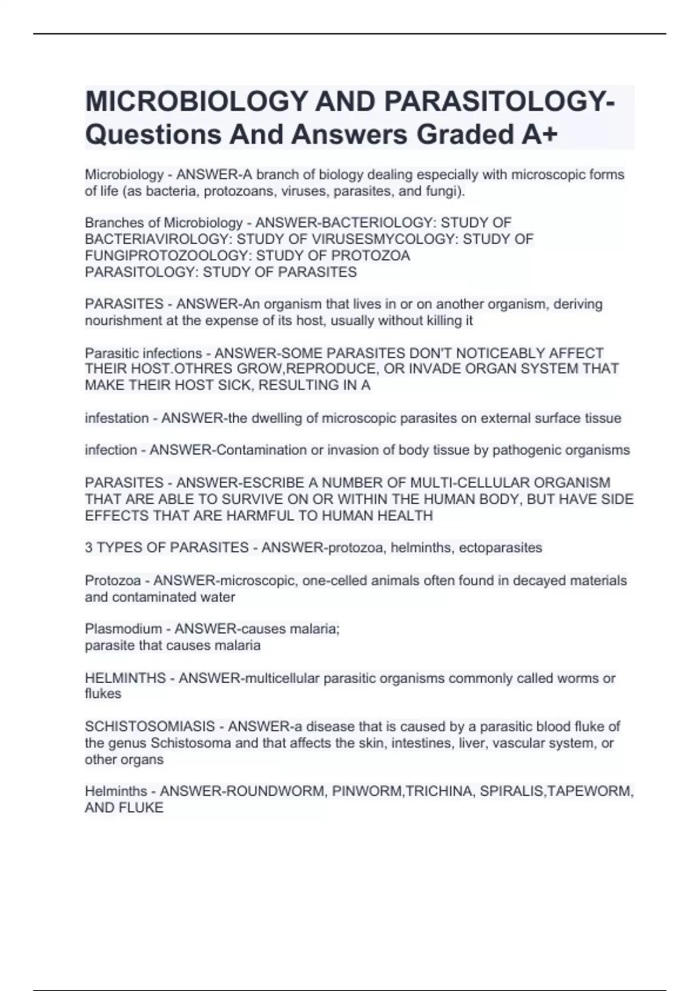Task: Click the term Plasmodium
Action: pyautogui.click(x=123, y=629)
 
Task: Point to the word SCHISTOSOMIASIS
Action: pyautogui.click(x=150, y=727)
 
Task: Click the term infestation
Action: pyautogui.click(x=117, y=419)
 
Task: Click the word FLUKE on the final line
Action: pyautogui.click(x=143, y=808)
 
